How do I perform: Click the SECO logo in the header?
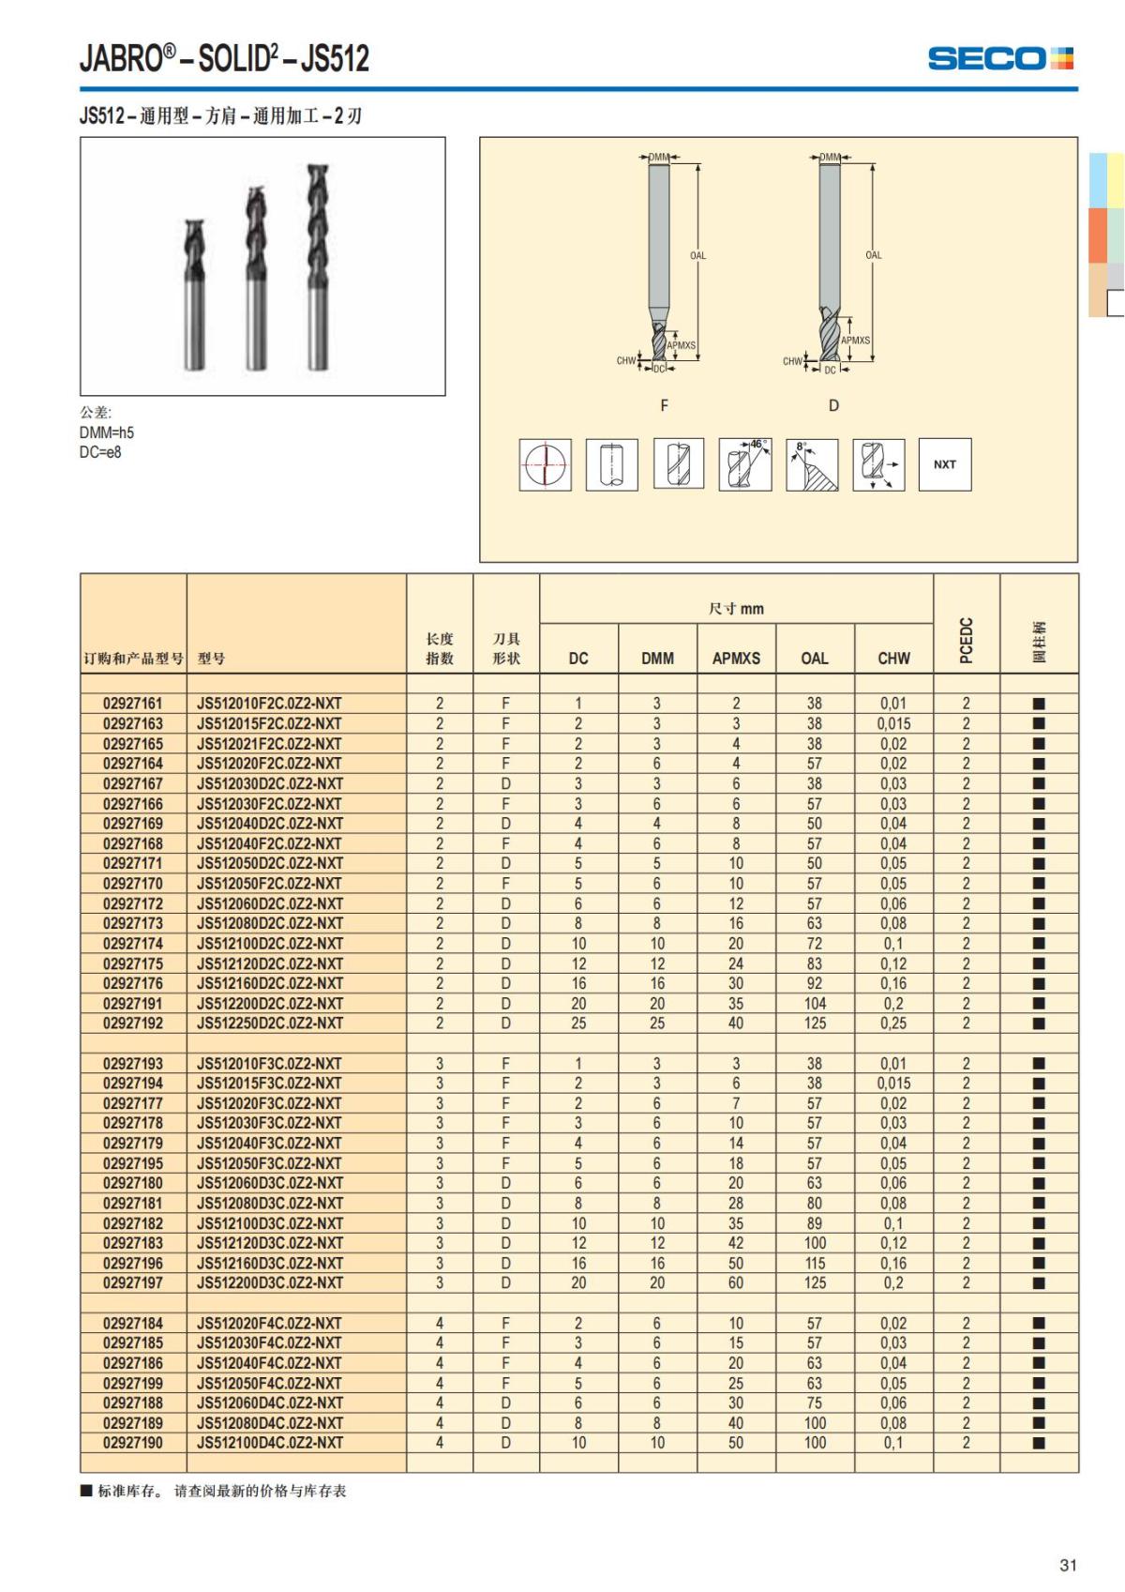click(x=999, y=58)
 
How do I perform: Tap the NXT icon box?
click(x=944, y=464)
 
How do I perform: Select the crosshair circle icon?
click(x=545, y=464)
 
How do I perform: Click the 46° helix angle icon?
click(x=745, y=464)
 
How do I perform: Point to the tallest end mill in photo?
click(x=320, y=267)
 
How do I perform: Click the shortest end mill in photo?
click(x=196, y=296)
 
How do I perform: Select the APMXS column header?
click(x=736, y=659)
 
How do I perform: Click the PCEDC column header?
click(x=967, y=640)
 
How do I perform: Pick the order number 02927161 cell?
click(x=133, y=704)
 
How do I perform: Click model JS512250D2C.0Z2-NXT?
click(x=270, y=1023)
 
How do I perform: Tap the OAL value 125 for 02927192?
click(x=815, y=1023)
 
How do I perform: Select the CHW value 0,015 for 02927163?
click(x=893, y=723)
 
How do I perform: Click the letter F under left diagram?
click(x=664, y=405)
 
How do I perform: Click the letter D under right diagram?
click(x=833, y=405)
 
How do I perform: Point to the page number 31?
click(x=1068, y=1565)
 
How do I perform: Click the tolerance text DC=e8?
click(x=100, y=452)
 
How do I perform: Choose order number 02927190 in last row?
click(x=133, y=1443)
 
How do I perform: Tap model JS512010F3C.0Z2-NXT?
click(x=270, y=1064)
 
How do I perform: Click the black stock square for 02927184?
click(x=1039, y=1324)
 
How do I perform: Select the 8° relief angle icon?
click(x=812, y=464)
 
